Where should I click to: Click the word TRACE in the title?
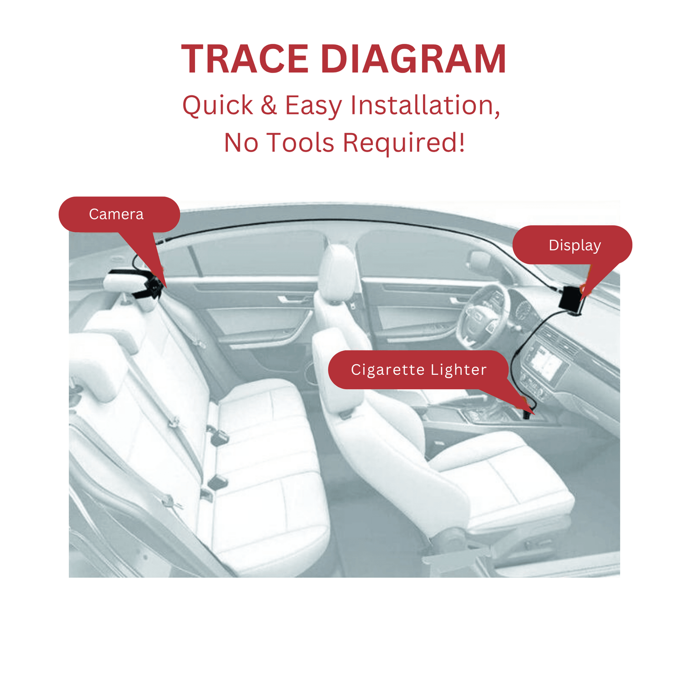[x=245, y=59]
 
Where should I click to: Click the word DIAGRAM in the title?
[x=413, y=59]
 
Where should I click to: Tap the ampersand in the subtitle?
[x=269, y=105]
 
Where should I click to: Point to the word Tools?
[x=300, y=143]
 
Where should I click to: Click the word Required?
[x=404, y=144]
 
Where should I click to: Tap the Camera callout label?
[x=116, y=214]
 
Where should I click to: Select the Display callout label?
[x=575, y=246]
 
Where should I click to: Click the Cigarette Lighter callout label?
[x=419, y=370]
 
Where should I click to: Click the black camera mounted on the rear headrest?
[x=153, y=287]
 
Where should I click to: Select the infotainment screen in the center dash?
[x=546, y=363]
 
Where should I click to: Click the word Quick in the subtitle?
[x=218, y=106]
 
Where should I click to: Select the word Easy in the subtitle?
[x=314, y=106]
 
